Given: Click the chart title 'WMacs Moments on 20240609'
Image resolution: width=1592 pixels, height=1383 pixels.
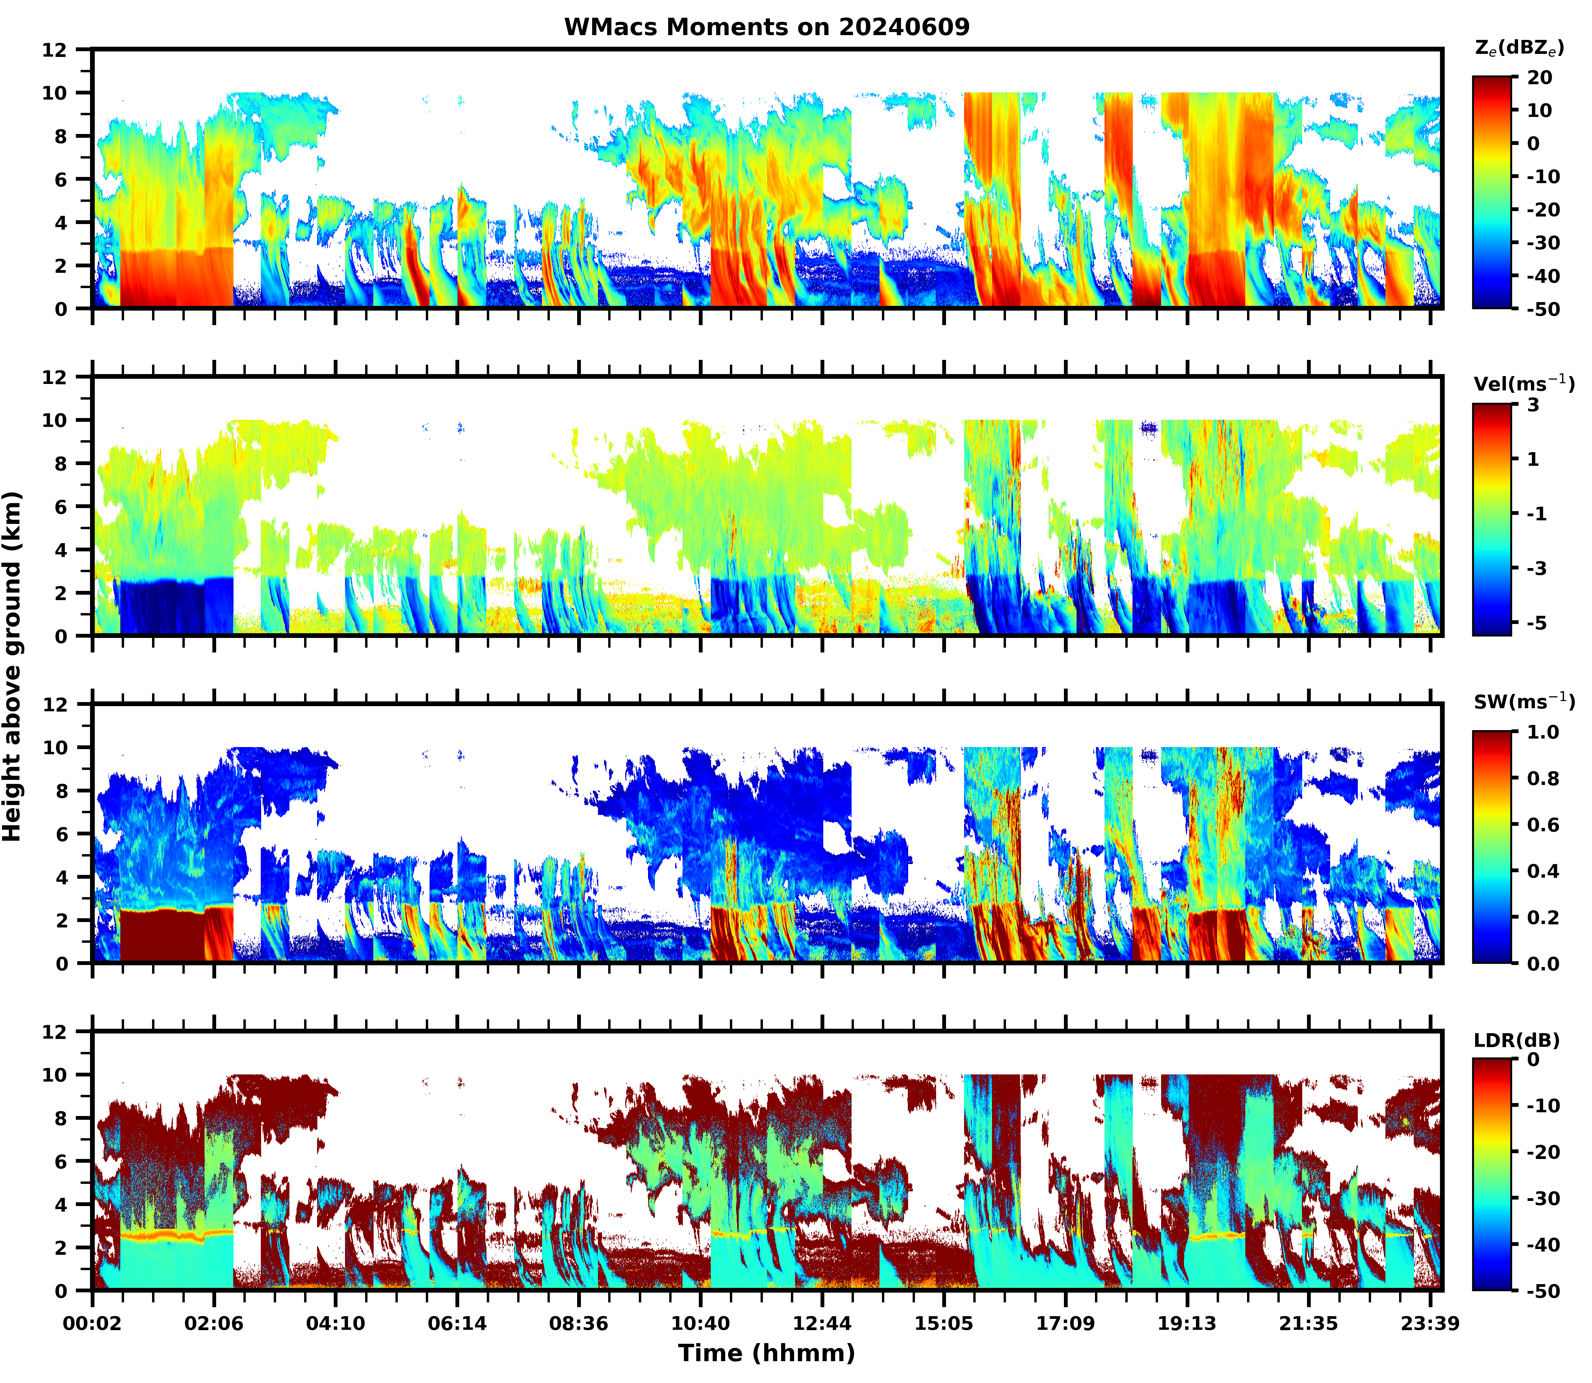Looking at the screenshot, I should pyautogui.click(x=766, y=27).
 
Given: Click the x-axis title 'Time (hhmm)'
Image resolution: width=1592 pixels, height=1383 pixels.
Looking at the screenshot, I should pyautogui.click(x=766, y=1352).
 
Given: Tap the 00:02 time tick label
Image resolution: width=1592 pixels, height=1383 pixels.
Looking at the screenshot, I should pyautogui.click(x=93, y=1324).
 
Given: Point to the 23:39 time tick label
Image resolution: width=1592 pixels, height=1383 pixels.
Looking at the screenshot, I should pyautogui.click(x=1430, y=1324).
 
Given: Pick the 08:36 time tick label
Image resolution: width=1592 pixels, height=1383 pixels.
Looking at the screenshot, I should pyautogui.click(x=579, y=1324).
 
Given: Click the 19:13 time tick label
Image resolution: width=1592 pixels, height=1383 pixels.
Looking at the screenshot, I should pyautogui.click(x=1187, y=1324).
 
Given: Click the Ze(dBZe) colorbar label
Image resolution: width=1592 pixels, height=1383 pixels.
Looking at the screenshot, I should pyautogui.click(x=1519, y=48).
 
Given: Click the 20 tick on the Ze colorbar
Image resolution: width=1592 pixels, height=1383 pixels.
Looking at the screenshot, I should pyautogui.click(x=1539, y=78).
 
